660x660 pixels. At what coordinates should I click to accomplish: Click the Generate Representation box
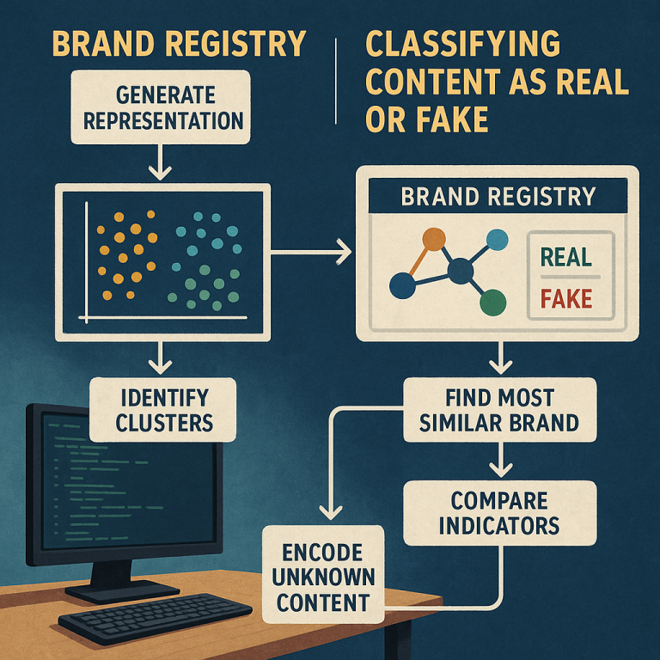[161, 107]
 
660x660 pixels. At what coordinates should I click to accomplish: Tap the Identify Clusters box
[163, 410]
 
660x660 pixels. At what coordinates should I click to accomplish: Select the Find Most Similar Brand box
[499, 410]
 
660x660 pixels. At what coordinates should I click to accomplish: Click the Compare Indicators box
[499, 513]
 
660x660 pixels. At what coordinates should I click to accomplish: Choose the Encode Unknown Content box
[323, 574]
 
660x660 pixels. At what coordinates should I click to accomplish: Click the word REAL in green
[566, 257]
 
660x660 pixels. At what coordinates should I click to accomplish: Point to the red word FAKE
[566, 298]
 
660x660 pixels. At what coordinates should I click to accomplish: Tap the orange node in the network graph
[433, 239]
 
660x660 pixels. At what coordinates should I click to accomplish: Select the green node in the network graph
[493, 302]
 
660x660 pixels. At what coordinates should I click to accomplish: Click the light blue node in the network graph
[497, 240]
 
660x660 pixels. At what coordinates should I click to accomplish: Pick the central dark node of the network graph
[461, 271]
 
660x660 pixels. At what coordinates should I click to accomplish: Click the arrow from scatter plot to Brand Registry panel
[310, 252]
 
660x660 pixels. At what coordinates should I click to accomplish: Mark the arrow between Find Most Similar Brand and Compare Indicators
[500, 459]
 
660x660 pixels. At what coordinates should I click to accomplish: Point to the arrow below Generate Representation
[160, 162]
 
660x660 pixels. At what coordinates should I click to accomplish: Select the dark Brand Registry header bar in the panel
[498, 196]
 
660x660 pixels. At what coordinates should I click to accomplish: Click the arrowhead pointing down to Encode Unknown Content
[331, 512]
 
